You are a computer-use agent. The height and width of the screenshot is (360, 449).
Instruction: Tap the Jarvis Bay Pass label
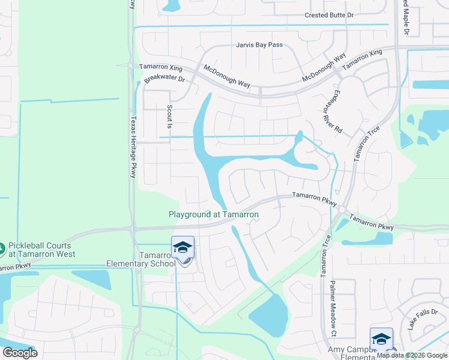click(259, 45)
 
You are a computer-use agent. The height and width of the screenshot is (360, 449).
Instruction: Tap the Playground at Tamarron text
click(213, 214)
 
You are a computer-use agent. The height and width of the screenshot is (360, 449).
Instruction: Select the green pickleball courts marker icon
click(2, 247)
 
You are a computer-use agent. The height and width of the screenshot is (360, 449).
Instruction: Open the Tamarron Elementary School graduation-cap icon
click(183, 247)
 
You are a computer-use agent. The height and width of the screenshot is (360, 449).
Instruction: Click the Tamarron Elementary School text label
click(142, 259)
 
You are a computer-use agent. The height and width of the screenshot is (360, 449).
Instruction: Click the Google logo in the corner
click(20, 353)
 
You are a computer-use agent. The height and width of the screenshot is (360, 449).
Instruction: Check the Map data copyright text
click(412, 355)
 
